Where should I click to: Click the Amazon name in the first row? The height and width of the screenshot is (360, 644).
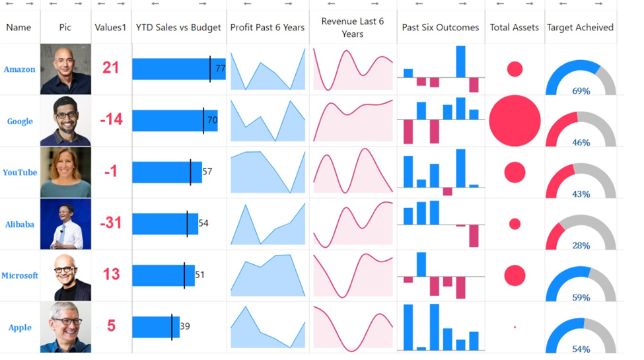tap(19, 69)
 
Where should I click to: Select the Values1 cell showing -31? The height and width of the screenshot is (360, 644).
tap(111, 223)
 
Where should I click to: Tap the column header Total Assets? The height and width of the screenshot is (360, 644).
tap(514, 28)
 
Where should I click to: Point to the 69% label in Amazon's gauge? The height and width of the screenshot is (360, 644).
tap(581, 91)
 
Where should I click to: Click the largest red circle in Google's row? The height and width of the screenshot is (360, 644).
tap(515, 121)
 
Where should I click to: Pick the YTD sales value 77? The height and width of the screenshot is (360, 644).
tap(221, 69)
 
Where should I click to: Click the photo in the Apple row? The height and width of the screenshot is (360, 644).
tap(65, 327)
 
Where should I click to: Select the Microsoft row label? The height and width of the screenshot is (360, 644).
tap(20, 275)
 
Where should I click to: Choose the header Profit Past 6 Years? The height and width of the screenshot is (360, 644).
tap(268, 28)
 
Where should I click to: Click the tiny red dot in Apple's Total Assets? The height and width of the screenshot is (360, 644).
tap(515, 327)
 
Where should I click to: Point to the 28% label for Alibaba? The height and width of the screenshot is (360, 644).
tap(581, 246)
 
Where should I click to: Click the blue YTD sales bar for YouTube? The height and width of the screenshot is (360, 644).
tap(161, 172)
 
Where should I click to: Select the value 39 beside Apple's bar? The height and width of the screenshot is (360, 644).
tap(185, 326)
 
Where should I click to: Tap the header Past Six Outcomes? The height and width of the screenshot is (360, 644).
tap(441, 28)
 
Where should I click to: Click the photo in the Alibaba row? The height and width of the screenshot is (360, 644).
tap(65, 224)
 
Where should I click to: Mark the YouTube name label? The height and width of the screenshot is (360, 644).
tap(20, 172)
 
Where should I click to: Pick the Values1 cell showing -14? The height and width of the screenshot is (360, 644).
tap(111, 120)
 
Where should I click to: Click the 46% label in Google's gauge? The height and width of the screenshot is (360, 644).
tap(581, 143)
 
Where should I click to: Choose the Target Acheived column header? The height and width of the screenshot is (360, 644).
tap(580, 28)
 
